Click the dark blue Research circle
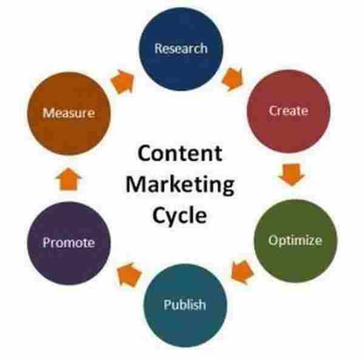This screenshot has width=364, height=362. [181, 49]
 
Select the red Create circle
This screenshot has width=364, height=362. [289, 111]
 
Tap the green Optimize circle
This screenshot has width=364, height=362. [295, 241]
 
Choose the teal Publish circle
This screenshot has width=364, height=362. [185, 306]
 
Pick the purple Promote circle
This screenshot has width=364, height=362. [69, 243]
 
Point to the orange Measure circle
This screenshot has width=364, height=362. [69, 114]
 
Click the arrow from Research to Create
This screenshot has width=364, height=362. [233, 79]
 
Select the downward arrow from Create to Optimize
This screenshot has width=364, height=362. [292, 174]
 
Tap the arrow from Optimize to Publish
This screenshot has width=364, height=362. [242, 272]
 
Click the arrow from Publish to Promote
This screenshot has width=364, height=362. [129, 275]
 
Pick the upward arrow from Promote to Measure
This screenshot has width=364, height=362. [69, 179]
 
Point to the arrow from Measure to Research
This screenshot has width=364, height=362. [123, 81]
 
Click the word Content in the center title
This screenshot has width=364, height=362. [180, 153]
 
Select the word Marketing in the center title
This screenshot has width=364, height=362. [180, 185]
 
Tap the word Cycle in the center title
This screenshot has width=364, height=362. [180, 216]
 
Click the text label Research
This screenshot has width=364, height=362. [181, 49]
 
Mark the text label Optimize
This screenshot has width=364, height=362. [295, 241]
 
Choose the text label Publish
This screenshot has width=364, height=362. [185, 305]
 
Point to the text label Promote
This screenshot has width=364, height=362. [69, 243]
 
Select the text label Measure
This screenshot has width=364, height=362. [69, 113]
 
